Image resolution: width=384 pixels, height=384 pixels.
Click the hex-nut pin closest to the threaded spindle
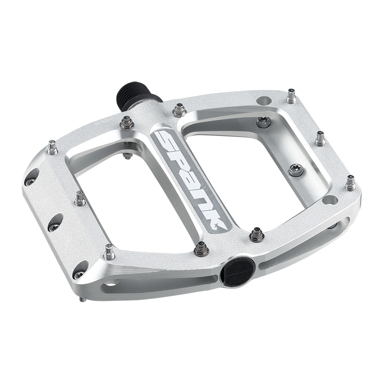coord(126,122)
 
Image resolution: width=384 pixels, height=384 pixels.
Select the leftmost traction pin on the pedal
coord(52,147)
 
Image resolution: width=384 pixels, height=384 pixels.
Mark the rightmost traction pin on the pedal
coord(350,183)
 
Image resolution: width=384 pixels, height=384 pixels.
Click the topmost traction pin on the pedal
coord(291,96)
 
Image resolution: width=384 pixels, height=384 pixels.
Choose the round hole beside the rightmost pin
coord(330,200)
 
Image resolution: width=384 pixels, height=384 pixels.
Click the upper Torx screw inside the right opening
coord(263,121)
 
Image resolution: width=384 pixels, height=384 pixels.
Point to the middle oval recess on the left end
coord(55,222)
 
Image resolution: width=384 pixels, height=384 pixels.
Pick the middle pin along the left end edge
coord(80,198)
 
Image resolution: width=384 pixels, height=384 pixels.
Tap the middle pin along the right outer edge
coord(320,138)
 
